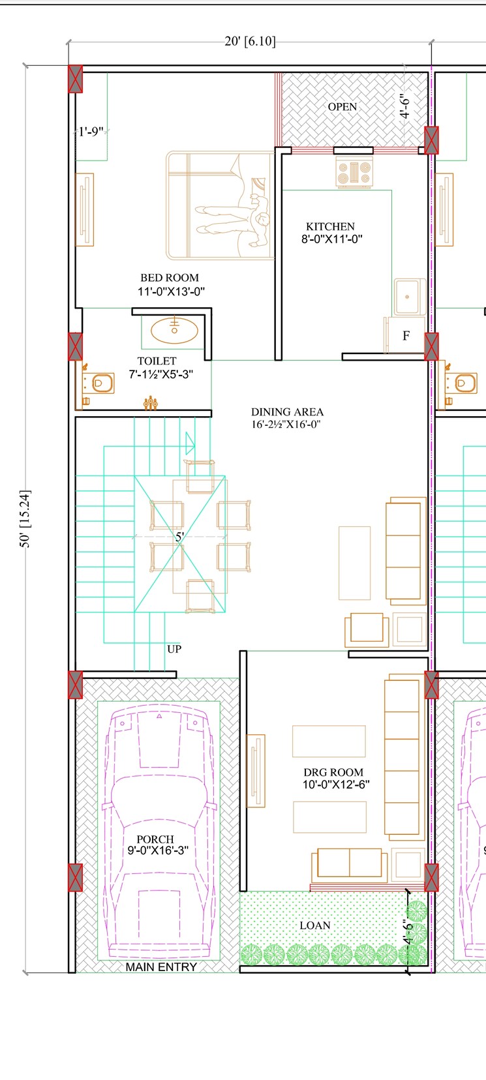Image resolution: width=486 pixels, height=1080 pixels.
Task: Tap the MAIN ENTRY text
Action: click(161, 967)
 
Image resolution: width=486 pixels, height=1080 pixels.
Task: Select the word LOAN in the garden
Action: click(315, 925)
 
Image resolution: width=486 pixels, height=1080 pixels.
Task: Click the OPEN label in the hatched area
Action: click(342, 107)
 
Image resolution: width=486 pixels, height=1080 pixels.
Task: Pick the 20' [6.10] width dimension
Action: click(250, 42)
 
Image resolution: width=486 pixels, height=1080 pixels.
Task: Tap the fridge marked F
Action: click(405, 335)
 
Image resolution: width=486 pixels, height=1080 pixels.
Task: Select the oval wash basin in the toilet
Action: click(174, 330)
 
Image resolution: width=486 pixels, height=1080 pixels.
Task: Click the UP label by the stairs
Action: click(174, 649)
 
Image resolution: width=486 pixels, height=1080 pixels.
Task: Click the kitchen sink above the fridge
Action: click(409, 297)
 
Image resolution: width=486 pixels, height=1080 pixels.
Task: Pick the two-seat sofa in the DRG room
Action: click(349, 864)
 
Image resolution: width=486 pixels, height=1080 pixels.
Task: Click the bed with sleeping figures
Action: click(220, 205)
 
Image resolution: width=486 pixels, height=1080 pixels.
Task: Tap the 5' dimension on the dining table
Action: click(179, 537)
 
